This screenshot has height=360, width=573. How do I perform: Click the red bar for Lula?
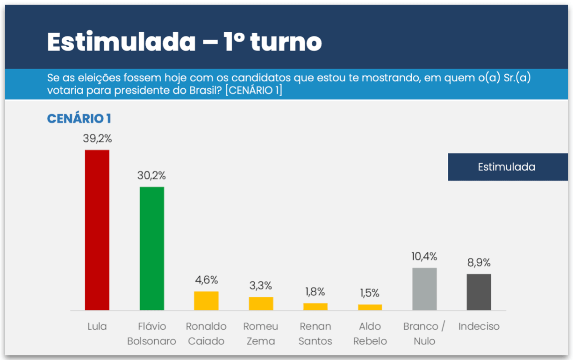97,230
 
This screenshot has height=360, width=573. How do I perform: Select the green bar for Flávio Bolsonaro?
152,248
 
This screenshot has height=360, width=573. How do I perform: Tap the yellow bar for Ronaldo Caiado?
206,301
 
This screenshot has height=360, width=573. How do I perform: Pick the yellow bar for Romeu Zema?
261,303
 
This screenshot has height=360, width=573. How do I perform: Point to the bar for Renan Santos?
315,307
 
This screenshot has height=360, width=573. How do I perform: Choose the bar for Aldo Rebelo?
370,307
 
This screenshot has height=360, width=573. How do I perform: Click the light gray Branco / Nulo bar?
424,289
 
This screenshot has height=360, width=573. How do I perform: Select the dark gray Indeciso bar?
479,292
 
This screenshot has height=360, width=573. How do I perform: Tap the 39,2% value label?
97,139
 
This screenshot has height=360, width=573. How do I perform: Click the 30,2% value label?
151,176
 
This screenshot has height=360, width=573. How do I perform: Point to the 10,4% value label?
424,257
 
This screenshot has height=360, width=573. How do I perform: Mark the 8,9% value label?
479,263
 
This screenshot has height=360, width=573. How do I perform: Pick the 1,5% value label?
370,293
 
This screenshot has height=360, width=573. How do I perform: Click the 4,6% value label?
206,280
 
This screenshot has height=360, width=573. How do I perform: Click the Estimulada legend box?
507,167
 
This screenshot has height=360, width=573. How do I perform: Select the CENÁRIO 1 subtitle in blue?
79,119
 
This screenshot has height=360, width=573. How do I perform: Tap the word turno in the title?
286,42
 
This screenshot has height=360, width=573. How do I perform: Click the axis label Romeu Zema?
261,333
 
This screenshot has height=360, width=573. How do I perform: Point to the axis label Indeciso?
479,326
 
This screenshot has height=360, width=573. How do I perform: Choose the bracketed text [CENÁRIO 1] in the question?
254,90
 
